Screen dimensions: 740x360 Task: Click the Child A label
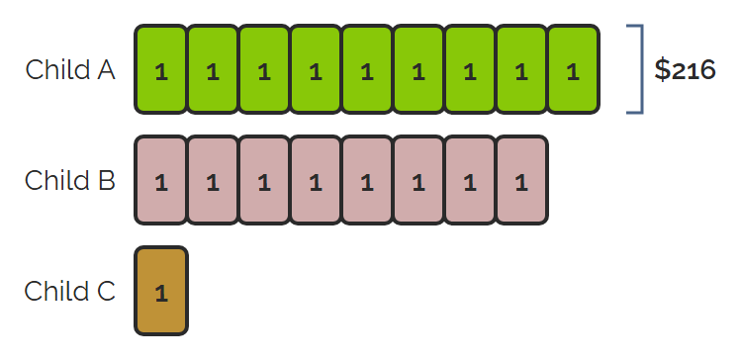click(x=70, y=70)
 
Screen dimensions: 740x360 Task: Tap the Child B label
click(x=70, y=180)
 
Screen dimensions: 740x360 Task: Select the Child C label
click(x=70, y=291)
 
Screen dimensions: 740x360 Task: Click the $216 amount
click(x=685, y=70)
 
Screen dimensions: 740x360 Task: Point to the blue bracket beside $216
click(x=642, y=69)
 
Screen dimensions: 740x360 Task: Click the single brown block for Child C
click(x=161, y=291)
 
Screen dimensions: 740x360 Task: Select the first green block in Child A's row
click(x=161, y=69)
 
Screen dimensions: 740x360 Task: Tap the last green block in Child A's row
click(x=573, y=69)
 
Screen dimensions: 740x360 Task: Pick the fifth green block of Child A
click(x=367, y=69)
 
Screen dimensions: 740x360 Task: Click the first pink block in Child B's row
click(x=161, y=180)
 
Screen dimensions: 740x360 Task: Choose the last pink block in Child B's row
click(x=521, y=180)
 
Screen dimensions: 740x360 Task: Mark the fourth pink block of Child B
click(x=316, y=180)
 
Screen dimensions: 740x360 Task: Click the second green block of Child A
click(x=213, y=69)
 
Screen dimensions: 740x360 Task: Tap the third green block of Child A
click(x=264, y=69)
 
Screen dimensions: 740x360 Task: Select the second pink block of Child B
click(x=213, y=180)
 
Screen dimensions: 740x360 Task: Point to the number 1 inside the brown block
click(x=161, y=294)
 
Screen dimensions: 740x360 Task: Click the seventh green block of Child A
click(x=470, y=69)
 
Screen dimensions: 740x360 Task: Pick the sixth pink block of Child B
click(x=418, y=180)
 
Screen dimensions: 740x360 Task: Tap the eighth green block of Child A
click(x=521, y=69)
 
